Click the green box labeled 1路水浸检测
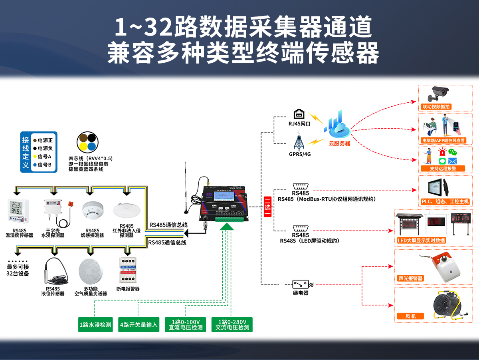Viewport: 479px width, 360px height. click(95, 324)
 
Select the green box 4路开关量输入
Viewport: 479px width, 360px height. click(139, 324)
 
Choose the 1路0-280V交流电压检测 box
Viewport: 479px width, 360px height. click(232, 324)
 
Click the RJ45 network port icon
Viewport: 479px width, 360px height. click(299, 115)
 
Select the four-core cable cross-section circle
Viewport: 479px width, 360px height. click(87, 143)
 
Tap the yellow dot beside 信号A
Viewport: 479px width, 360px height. click(35, 156)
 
